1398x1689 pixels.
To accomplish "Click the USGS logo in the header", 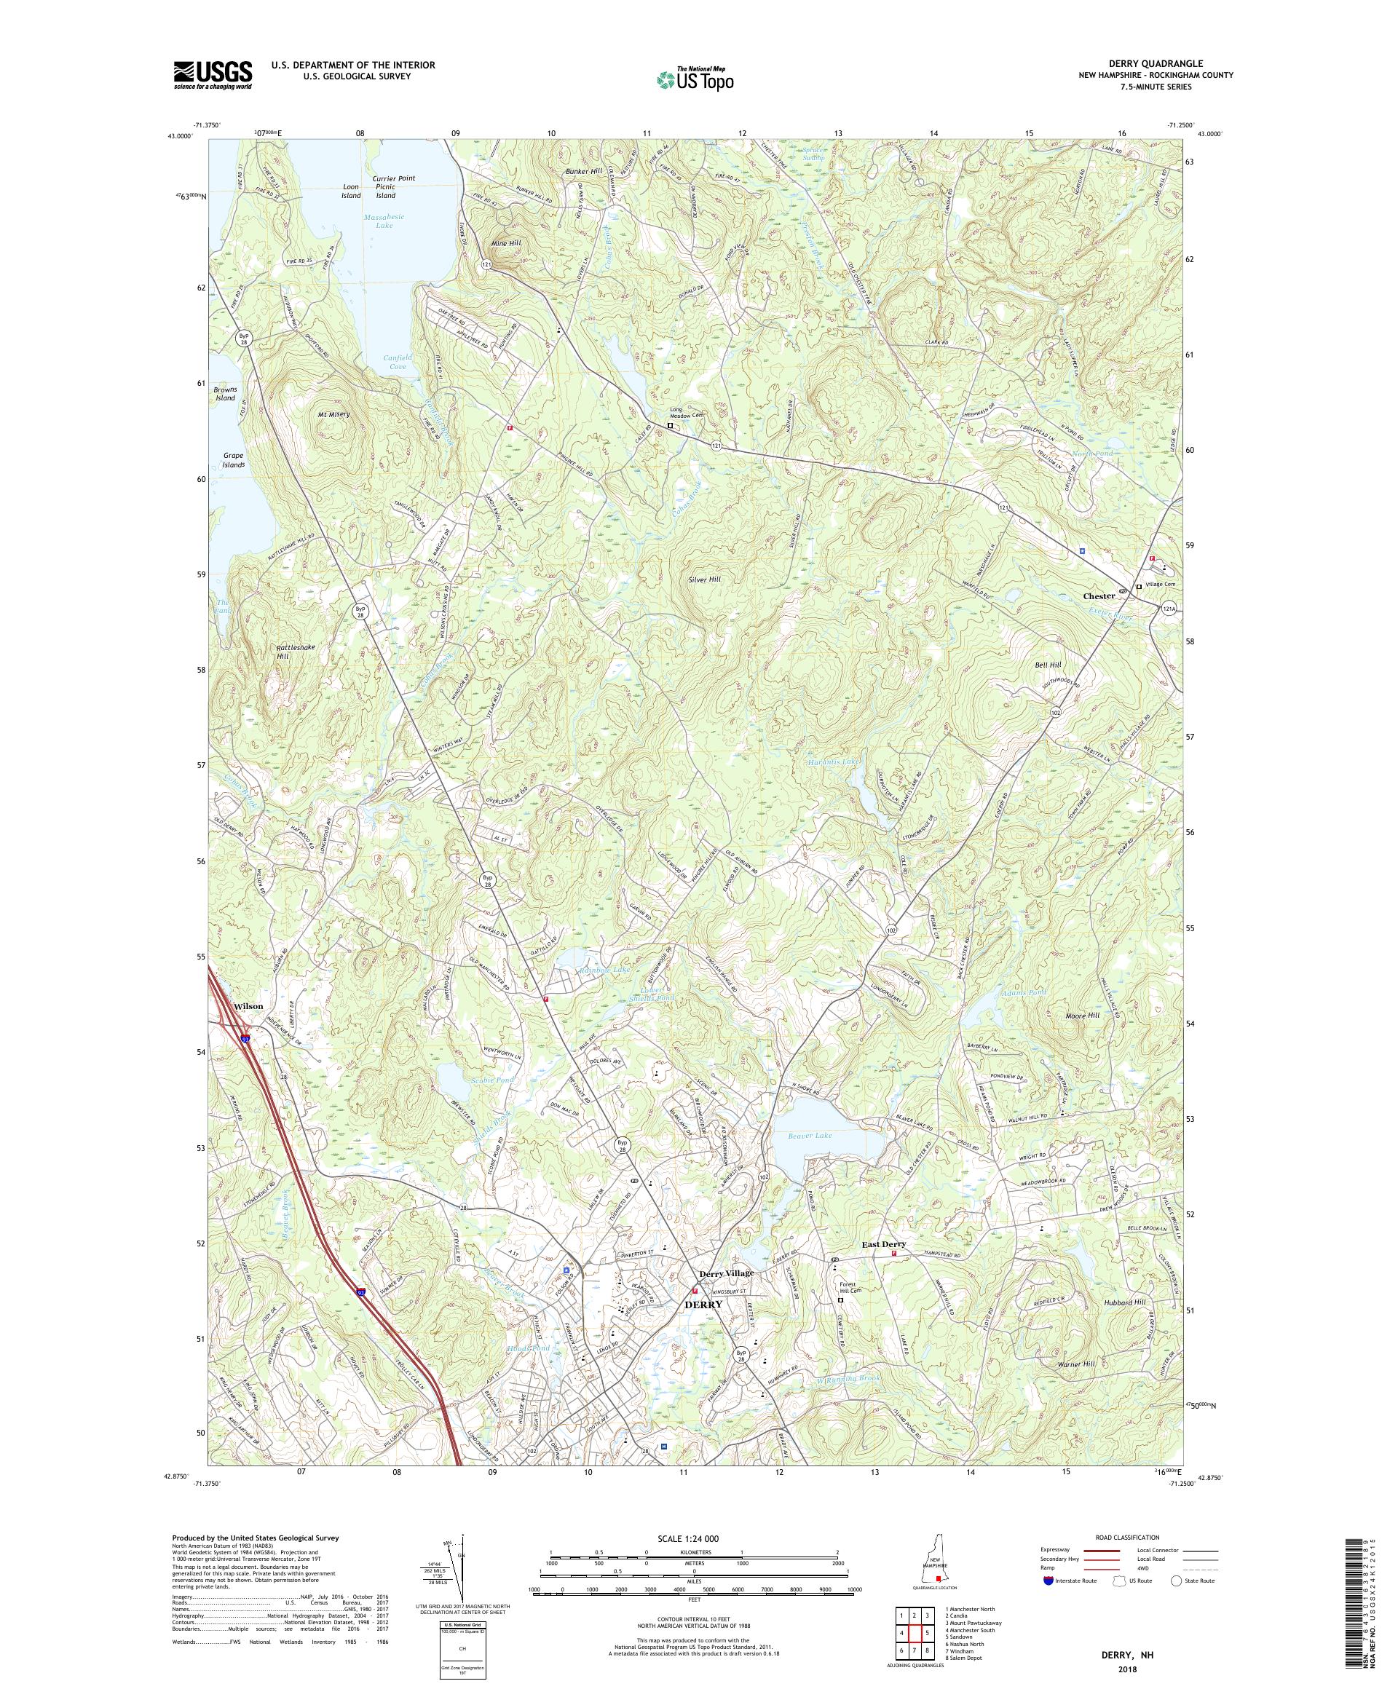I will (213, 75).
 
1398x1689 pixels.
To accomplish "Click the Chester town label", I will (1099, 596).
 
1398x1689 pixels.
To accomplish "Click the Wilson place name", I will (248, 1006).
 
